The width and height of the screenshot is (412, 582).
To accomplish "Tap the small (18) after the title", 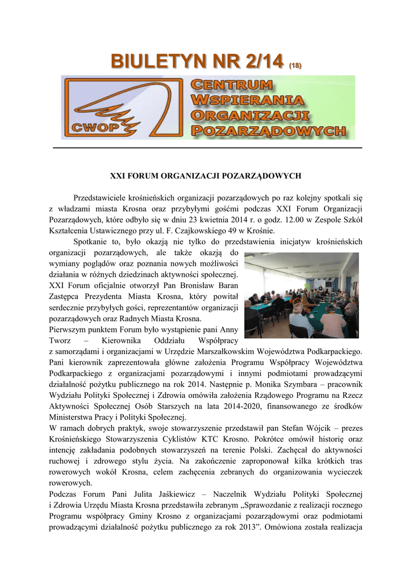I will click(x=294, y=66).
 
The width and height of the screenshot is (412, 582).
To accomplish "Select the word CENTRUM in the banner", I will click(x=231, y=86).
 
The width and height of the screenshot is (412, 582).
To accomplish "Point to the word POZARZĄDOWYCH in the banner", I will click(x=268, y=130).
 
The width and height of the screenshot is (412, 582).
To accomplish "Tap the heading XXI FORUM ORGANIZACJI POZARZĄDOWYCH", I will click(x=205, y=176).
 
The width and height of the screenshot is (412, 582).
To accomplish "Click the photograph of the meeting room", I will click(x=301, y=295).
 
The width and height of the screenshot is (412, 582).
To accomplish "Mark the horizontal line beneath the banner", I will click(x=207, y=148).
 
